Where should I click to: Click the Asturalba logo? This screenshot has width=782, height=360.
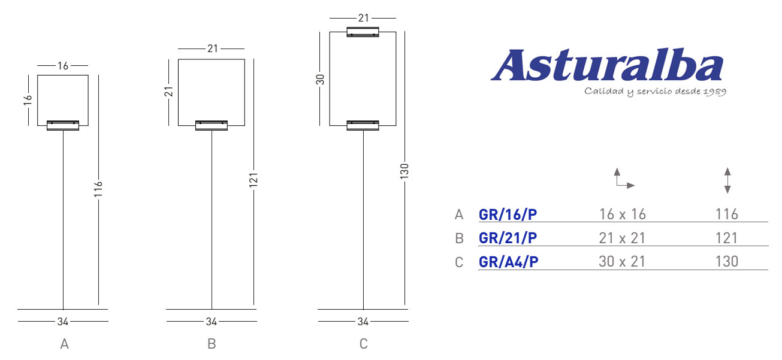608,72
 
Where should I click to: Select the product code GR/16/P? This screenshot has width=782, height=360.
508,214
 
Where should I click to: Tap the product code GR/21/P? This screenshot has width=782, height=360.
508,238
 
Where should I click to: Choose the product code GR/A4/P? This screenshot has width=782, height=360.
508,262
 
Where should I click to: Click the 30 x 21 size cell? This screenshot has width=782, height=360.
622,262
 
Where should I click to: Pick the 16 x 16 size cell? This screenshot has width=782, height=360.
623,214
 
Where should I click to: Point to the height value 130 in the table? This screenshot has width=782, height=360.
727,262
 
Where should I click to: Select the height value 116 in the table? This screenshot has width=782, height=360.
727,214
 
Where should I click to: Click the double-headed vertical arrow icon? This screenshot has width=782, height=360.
727,180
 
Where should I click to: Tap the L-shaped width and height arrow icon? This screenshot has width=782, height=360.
624,179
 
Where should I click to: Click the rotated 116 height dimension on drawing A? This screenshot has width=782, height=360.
98,189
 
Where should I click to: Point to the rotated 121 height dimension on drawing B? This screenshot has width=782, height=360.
253,180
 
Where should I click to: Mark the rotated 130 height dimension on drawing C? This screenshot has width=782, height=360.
404,171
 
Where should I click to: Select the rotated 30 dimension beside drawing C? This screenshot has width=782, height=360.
320,80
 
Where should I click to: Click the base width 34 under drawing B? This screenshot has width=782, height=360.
211,322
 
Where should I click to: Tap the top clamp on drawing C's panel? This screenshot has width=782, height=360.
363,32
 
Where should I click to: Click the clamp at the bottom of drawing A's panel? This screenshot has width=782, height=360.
63,126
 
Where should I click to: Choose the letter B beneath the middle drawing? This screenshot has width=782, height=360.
212,344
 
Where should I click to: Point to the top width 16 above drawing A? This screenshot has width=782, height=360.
63,66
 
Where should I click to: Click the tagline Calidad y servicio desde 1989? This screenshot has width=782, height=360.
656,92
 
